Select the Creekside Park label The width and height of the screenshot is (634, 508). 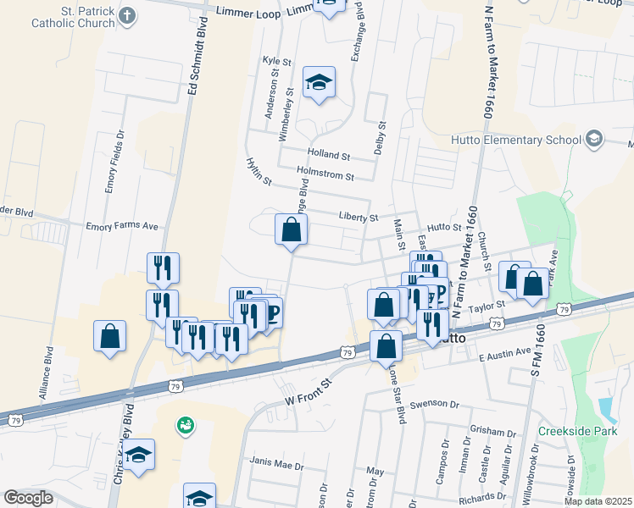click(x=574, y=430)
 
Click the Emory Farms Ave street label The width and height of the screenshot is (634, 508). click(x=122, y=226)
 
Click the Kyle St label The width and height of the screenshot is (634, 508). click(x=277, y=61)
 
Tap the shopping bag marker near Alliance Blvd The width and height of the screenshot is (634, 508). click(x=110, y=336)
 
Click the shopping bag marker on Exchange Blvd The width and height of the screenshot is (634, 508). click(x=291, y=229)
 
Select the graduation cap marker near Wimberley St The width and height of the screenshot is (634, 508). click(x=319, y=83)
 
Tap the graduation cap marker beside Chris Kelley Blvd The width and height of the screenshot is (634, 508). click(x=138, y=455)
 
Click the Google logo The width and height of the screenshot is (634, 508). click(x=29, y=498)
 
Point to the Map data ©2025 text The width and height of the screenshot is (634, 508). click(x=598, y=501)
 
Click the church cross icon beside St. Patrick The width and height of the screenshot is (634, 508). click(x=127, y=15)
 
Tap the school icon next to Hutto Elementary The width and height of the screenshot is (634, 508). click(x=594, y=138)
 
